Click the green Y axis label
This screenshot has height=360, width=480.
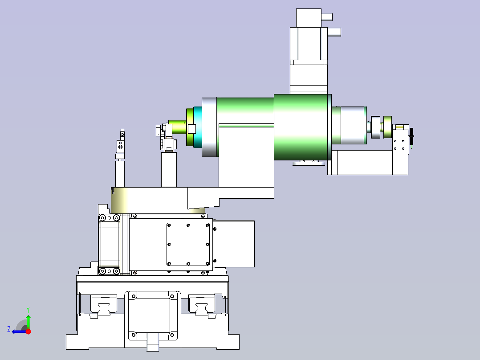click(28, 310)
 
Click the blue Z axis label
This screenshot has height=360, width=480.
click(9, 329)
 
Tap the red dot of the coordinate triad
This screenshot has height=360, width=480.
click(28, 331)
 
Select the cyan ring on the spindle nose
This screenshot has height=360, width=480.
click(198, 127)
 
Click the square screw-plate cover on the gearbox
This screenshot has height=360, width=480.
click(188, 244)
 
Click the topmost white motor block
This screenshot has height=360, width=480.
click(309, 18)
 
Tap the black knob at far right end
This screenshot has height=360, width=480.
click(411, 137)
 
